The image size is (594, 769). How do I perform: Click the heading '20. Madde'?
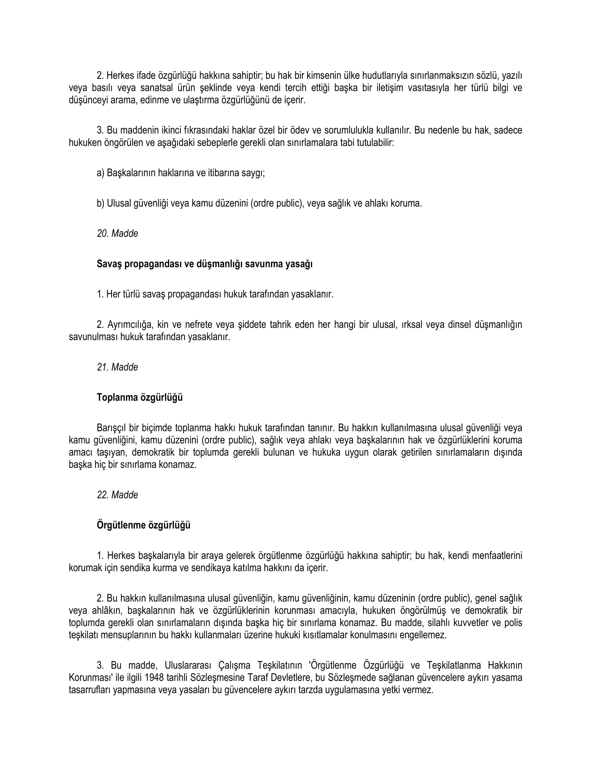pos(117,233)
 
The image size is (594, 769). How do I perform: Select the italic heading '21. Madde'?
pos(117,367)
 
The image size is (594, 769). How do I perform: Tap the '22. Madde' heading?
pos(117,495)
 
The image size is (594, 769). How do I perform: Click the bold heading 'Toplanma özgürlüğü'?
pos(140,397)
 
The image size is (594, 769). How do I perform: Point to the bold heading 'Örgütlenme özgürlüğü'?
pos(144,525)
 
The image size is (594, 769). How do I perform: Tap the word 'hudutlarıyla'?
pos(383,76)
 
